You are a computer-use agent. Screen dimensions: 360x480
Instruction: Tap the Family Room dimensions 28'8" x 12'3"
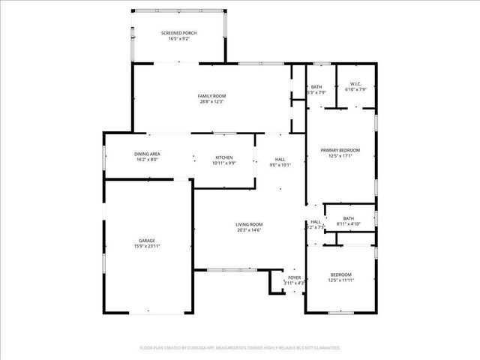[x=211, y=102]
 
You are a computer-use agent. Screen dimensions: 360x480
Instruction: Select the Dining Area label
[x=148, y=154]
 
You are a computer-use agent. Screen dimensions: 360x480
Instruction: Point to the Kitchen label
[x=224, y=157]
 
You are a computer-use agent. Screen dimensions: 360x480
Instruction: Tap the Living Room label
[x=249, y=224]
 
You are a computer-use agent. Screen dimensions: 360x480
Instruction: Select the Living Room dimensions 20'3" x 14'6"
[x=249, y=229]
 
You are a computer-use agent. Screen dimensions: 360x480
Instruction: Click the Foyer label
[x=294, y=277]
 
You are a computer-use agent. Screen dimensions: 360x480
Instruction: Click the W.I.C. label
[x=353, y=84]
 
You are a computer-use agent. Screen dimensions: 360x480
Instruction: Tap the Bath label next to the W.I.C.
[x=316, y=87]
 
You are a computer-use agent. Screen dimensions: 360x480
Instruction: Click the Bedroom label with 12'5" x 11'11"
[x=340, y=274]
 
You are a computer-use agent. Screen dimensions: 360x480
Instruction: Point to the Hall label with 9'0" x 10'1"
[x=280, y=159]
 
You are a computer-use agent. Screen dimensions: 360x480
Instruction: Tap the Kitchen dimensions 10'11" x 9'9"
[x=224, y=163]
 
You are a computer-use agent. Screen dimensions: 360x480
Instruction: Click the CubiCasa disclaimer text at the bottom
[x=240, y=348]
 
